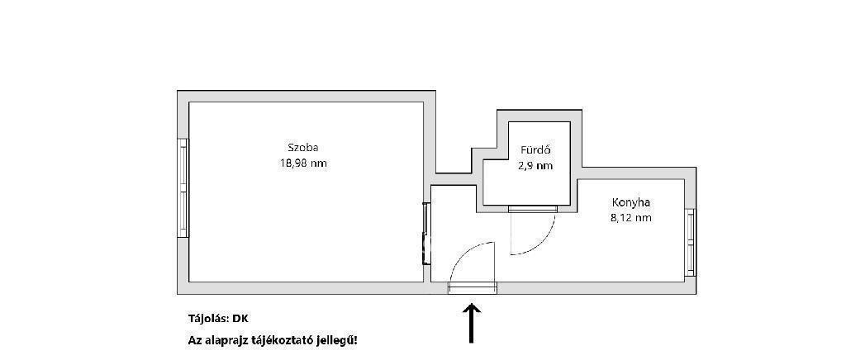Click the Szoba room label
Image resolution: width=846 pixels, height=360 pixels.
click(x=302, y=148)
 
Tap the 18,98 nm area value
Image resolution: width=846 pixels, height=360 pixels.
click(x=302, y=163)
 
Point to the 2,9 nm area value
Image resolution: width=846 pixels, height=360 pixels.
click(x=535, y=166)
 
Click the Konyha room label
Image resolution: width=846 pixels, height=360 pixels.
click(x=630, y=202)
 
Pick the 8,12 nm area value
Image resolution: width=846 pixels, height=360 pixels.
click(x=630, y=218)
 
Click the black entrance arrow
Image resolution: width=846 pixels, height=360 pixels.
click(x=472, y=323)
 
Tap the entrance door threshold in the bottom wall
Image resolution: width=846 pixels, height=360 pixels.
click(x=472, y=288)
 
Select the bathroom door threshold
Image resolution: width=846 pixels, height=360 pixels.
click(x=533, y=209)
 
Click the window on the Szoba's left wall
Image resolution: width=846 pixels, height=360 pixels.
click(x=183, y=187)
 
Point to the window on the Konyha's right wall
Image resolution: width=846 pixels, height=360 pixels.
click(x=690, y=243)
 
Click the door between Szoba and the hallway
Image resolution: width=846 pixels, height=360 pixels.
click(x=426, y=234)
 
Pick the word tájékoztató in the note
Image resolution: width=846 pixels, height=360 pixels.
click(x=278, y=341)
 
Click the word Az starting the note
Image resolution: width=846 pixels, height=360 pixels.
click(x=194, y=341)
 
